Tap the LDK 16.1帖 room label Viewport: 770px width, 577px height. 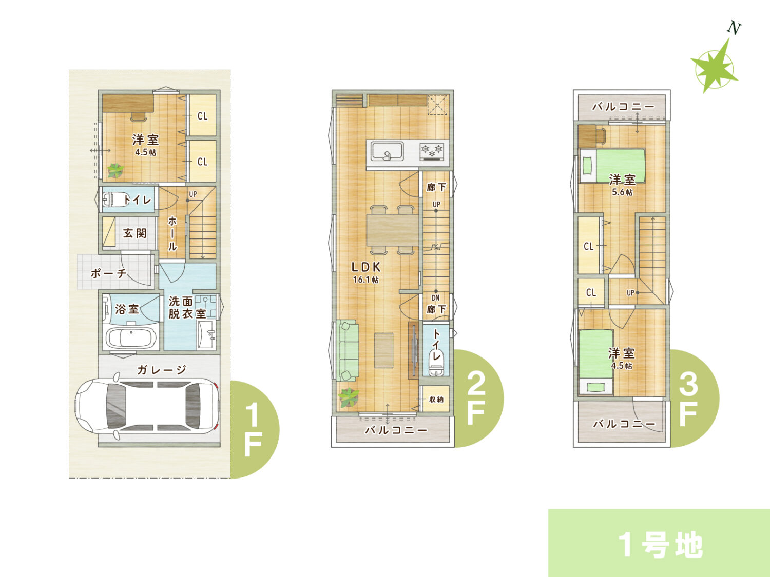point(366,272)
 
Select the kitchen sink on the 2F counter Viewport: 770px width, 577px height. point(387,151)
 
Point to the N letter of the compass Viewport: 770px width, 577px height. point(734,28)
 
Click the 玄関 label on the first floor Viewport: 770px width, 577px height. point(134,233)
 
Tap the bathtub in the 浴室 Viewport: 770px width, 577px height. point(131,338)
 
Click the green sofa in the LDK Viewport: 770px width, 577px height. point(348,350)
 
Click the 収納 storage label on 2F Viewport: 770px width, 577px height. point(436,399)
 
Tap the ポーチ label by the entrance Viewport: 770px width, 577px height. point(108,273)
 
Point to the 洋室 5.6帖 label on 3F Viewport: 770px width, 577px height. point(622,185)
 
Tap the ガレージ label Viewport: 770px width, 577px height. point(162,370)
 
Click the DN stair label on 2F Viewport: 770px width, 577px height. point(435,298)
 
